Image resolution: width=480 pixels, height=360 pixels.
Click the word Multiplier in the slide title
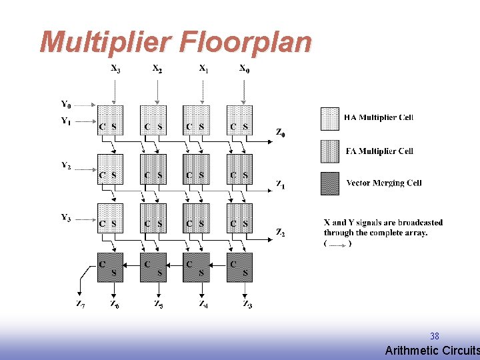[x=107, y=43]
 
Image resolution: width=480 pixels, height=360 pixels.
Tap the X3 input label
[x=115, y=68]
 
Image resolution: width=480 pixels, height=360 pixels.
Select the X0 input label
[x=245, y=68]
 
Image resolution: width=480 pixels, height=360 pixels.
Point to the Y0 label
[x=66, y=104]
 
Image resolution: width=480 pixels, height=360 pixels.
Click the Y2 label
[x=66, y=166]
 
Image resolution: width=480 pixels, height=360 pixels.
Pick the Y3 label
[x=66, y=217]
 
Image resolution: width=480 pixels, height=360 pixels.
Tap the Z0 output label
[x=281, y=132]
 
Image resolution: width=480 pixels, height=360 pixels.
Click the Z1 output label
[x=281, y=183]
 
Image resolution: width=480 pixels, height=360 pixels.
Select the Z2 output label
[x=281, y=233]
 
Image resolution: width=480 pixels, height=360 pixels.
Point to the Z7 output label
[x=80, y=305]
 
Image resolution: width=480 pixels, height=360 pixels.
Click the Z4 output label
[x=203, y=305]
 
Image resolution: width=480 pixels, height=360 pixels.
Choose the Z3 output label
[x=247, y=305]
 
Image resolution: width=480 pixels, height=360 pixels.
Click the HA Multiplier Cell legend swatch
[x=330, y=118]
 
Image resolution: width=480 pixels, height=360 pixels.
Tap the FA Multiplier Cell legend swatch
[x=330, y=151]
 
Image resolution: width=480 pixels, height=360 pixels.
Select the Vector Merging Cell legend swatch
[x=330, y=183]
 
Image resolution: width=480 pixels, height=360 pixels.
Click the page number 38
[x=435, y=336]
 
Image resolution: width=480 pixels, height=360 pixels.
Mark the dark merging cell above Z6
[x=110, y=267]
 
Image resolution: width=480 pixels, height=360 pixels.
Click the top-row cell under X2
[x=153, y=119]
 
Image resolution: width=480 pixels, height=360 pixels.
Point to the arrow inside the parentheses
[x=337, y=244]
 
